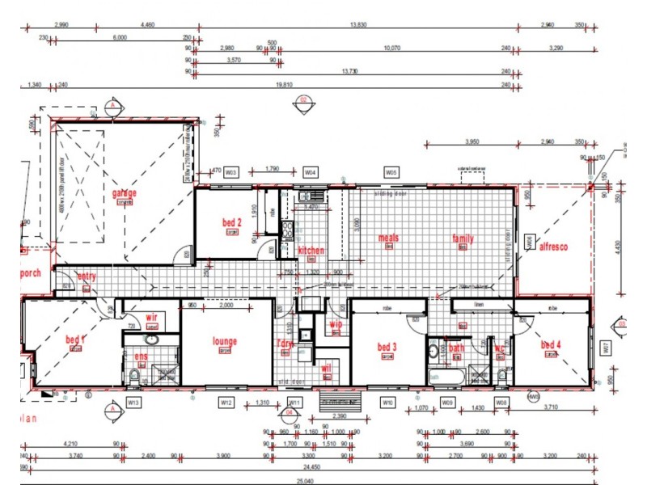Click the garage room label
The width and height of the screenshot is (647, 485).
125,193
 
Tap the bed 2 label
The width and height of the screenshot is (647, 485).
232,222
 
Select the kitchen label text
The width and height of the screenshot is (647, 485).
311,251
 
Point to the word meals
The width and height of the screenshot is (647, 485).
389,238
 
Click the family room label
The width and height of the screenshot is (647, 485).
463,239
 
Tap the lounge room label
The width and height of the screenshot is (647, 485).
224,341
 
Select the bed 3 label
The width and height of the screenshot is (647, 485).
387,347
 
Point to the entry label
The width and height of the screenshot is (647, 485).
87,276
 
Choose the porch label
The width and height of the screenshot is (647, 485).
31,272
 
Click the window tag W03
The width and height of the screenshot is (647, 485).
231,172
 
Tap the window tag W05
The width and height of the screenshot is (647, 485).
391,172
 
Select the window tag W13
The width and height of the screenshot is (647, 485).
134,402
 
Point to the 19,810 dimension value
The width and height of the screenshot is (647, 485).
284,84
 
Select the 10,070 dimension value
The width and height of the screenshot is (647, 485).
391,48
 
